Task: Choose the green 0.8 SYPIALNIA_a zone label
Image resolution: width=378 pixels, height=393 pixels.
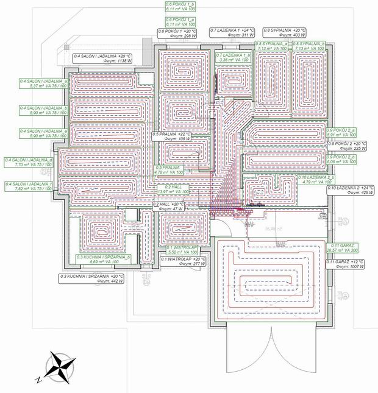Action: (x=273, y=46)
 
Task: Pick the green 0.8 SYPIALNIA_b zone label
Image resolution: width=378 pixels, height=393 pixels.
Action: (x=309, y=46)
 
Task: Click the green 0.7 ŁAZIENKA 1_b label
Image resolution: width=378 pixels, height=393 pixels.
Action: (x=234, y=58)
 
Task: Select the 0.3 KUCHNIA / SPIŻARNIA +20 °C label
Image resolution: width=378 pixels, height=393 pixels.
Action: (x=92, y=280)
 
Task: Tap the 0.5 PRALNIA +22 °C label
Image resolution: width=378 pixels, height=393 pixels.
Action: (x=173, y=136)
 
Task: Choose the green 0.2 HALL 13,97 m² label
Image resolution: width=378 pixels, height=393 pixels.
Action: (x=173, y=189)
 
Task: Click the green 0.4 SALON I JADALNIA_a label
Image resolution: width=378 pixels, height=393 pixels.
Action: (x=43, y=84)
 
